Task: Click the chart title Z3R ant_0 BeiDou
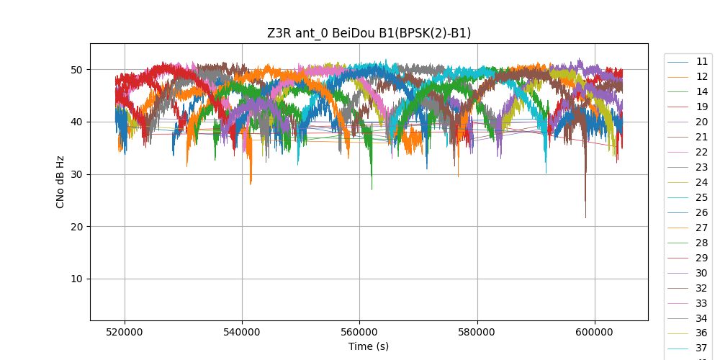tap(369, 33)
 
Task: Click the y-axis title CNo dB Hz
tap(60, 181)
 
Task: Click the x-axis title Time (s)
tap(369, 346)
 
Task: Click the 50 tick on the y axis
tap(77, 70)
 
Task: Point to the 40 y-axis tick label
tap(77, 122)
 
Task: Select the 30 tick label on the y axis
tap(77, 174)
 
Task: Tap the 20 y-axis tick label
tap(77, 227)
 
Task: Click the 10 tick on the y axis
tap(77, 279)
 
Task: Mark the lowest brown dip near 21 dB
tap(585, 217)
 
